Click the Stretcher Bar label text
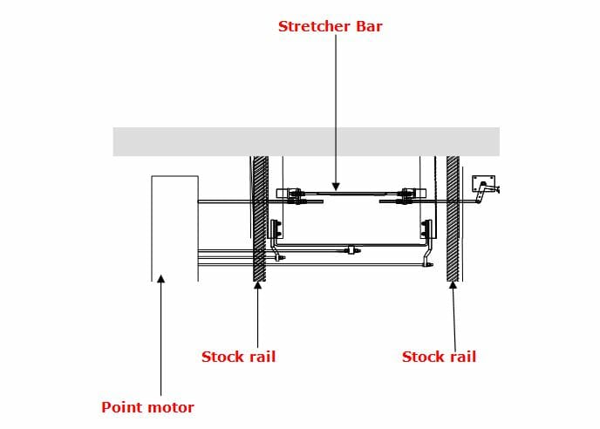tap(330, 26)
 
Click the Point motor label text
tap(147, 407)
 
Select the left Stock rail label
tap(238, 357)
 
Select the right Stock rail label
tap(439, 357)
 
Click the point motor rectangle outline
tap(174, 227)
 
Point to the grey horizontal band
tap(305, 141)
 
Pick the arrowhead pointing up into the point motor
tap(160, 280)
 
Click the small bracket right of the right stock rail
tap(483, 184)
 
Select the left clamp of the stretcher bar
tap(291, 194)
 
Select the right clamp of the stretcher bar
tap(408, 194)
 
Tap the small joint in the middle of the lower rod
tap(351, 251)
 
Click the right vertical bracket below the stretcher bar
tap(426, 228)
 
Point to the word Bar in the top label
tap(367, 26)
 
